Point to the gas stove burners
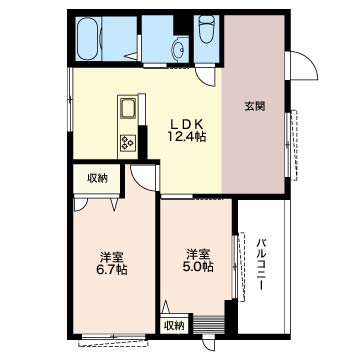point(128,141)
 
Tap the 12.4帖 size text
point(187,136)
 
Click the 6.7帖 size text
point(111,269)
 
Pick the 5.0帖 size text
point(196,268)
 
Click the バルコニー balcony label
point(260,263)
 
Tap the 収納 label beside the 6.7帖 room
point(97,180)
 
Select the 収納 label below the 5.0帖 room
point(174,326)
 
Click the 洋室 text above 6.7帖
point(111,254)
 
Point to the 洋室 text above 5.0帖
point(196,254)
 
